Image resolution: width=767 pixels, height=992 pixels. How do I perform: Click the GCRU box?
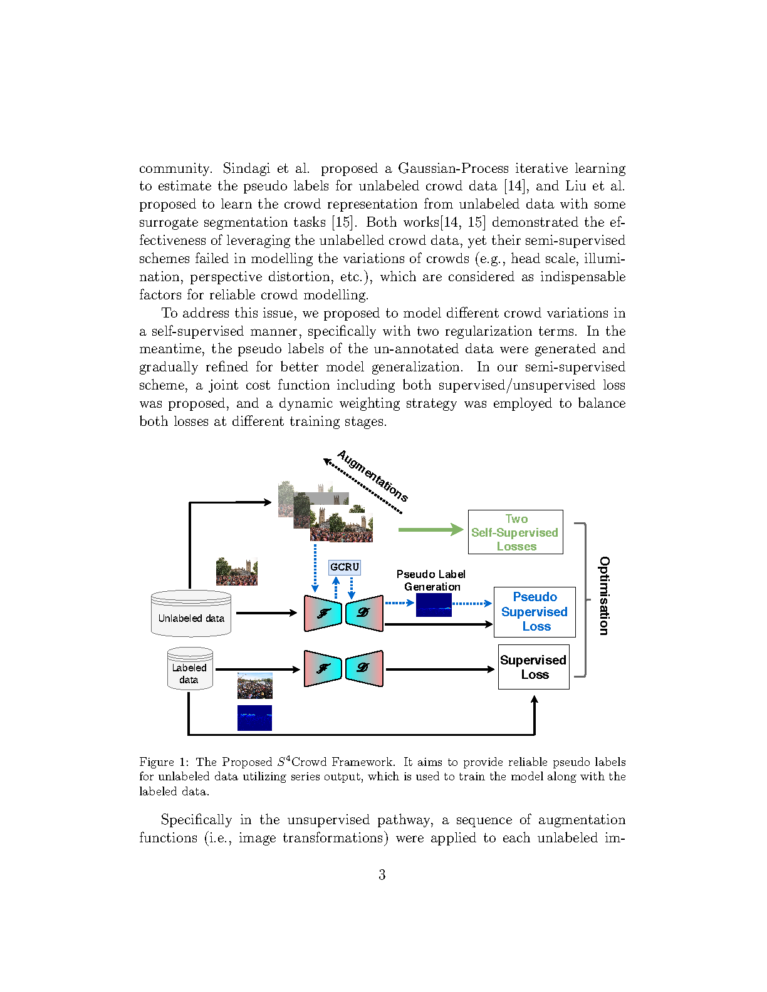coord(344,567)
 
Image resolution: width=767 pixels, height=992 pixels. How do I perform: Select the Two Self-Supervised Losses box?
coord(515,532)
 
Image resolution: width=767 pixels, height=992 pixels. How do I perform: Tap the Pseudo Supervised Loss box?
coord(535,612)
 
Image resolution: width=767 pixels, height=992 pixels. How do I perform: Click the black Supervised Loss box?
coord(533,667)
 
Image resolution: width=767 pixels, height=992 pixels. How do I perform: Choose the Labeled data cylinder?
coord(190,669)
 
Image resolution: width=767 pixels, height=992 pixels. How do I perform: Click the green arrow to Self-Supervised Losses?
coord(430,530)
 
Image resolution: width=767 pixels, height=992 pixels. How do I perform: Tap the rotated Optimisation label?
coord(604,596)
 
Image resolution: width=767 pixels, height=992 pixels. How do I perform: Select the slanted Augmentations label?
coord(373,476)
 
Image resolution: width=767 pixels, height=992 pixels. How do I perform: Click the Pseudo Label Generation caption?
coord(431,581)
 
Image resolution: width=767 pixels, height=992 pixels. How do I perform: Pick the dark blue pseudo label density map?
coord(434,605)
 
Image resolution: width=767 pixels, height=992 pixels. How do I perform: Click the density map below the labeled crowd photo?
coord(254,718)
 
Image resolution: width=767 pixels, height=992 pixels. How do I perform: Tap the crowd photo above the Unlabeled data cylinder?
coord(236,571)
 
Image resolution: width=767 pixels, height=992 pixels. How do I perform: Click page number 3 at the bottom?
coord(382,875)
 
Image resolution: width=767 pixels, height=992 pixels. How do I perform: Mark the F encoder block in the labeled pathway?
coord(323,668)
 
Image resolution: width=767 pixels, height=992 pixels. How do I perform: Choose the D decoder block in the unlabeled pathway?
coord(364,613)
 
